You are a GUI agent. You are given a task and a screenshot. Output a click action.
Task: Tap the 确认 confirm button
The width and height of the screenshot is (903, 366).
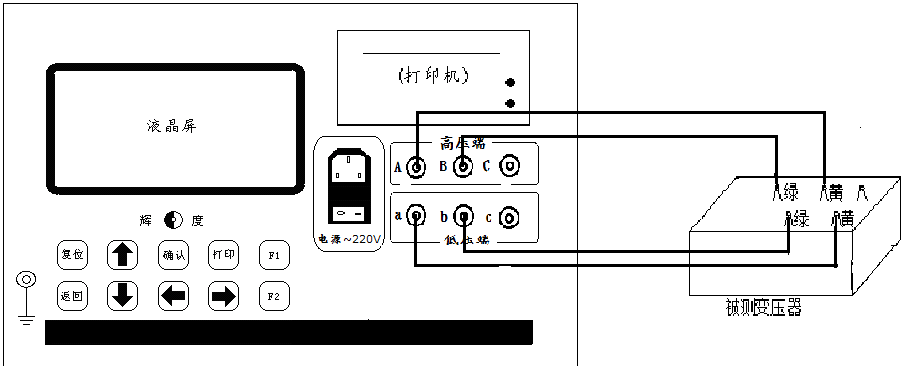pos(173,255)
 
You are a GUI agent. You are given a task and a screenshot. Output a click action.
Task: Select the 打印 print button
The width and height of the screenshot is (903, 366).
pos(223,255)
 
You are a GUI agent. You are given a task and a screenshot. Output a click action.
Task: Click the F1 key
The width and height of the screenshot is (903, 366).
pos(273,255)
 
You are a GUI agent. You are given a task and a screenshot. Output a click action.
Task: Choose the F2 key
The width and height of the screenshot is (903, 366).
pos(273,295)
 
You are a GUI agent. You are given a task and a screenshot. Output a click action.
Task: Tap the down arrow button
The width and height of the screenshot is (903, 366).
pos(122,295)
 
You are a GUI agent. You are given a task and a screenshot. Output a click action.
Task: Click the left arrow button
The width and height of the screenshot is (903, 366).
pos(173,295)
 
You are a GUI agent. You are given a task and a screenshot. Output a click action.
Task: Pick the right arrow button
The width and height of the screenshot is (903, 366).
pos(223,295)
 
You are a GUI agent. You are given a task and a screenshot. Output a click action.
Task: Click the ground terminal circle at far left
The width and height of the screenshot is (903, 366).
pos(27,280)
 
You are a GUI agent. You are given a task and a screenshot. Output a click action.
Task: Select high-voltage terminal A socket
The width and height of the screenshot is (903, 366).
pos(412,166)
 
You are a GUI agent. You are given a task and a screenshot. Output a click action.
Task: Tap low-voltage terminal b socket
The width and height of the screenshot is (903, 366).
pos(463,216)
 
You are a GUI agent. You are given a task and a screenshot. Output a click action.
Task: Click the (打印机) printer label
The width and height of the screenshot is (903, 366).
pos(427,76)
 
